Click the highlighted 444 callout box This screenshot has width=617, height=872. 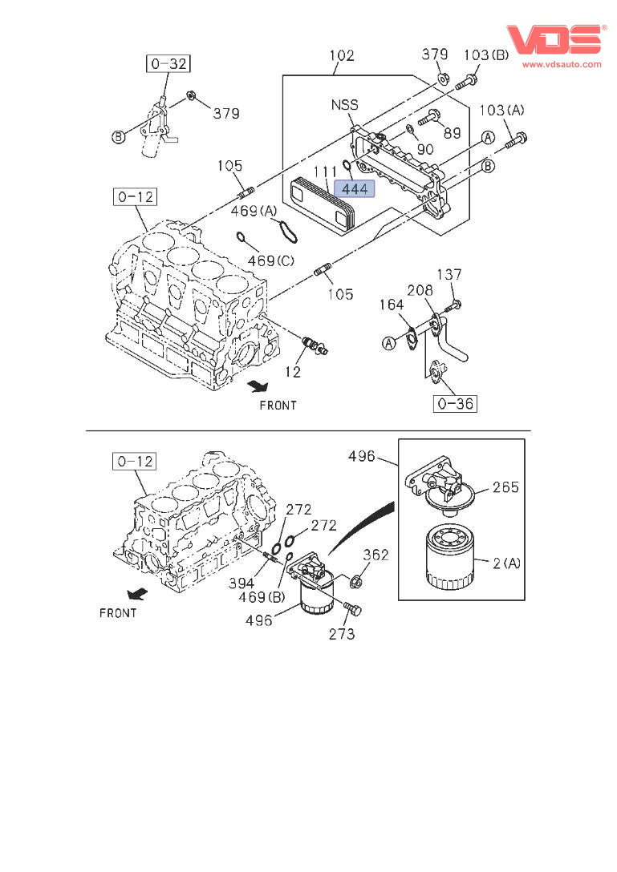tap(355, 189)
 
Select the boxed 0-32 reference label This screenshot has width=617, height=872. tap(168, 63)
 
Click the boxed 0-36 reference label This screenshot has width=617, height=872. tap(455, 403)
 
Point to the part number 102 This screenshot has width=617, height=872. tap(342, 56)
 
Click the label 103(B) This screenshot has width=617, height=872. tap(486, 54)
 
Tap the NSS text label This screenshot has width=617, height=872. tap(344, 105)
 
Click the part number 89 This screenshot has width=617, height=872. tap(452, 133)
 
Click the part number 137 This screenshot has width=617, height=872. tap(449, 275)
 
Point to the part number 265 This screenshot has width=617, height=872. tap(505, 487)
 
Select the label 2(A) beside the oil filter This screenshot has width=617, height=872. tap(506, 563)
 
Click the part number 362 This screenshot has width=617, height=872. tap(376, 555)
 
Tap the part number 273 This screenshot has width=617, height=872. tap(342, 634)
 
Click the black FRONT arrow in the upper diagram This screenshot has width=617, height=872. tap(257, 386)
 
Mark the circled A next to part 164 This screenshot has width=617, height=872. tap(388, 344)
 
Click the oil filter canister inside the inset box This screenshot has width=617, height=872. tap(447, 558)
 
